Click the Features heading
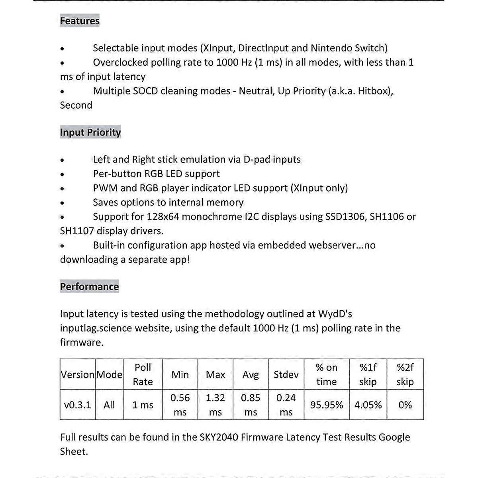pos(80,21)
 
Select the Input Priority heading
pos(90,132)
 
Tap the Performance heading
pos(89,287)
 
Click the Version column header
pos(78,375)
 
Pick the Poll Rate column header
pos(143,374)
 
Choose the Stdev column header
pos(286,375)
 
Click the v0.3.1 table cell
pos(77,405)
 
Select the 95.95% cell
pos(326,405)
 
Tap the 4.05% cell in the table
pos(368,405)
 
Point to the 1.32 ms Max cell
pos(215,405)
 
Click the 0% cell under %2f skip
pos(405,405)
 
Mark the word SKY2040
pos(219,437)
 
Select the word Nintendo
pos(331,48)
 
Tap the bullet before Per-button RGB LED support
pos(62,174)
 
